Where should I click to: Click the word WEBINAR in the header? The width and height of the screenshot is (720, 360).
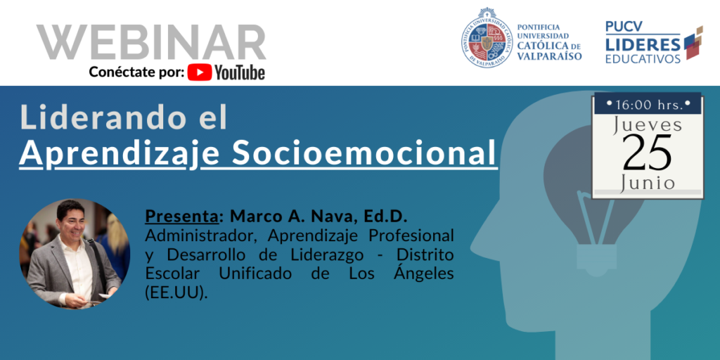(151, 42)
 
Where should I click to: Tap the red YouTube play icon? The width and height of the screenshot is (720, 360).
(200, 72)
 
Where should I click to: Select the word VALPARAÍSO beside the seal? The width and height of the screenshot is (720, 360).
(550, 56)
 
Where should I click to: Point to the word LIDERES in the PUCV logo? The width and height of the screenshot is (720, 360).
(643, 44)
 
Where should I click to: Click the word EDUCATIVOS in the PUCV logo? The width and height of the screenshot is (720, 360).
(643, 59)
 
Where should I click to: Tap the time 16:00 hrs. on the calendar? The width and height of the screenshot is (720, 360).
(648, 105)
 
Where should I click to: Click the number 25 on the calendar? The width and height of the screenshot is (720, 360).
(648, 152)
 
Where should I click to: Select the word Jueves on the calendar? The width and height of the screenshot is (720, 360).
(648, 126)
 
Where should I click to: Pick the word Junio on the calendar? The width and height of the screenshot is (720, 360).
(648, 183)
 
